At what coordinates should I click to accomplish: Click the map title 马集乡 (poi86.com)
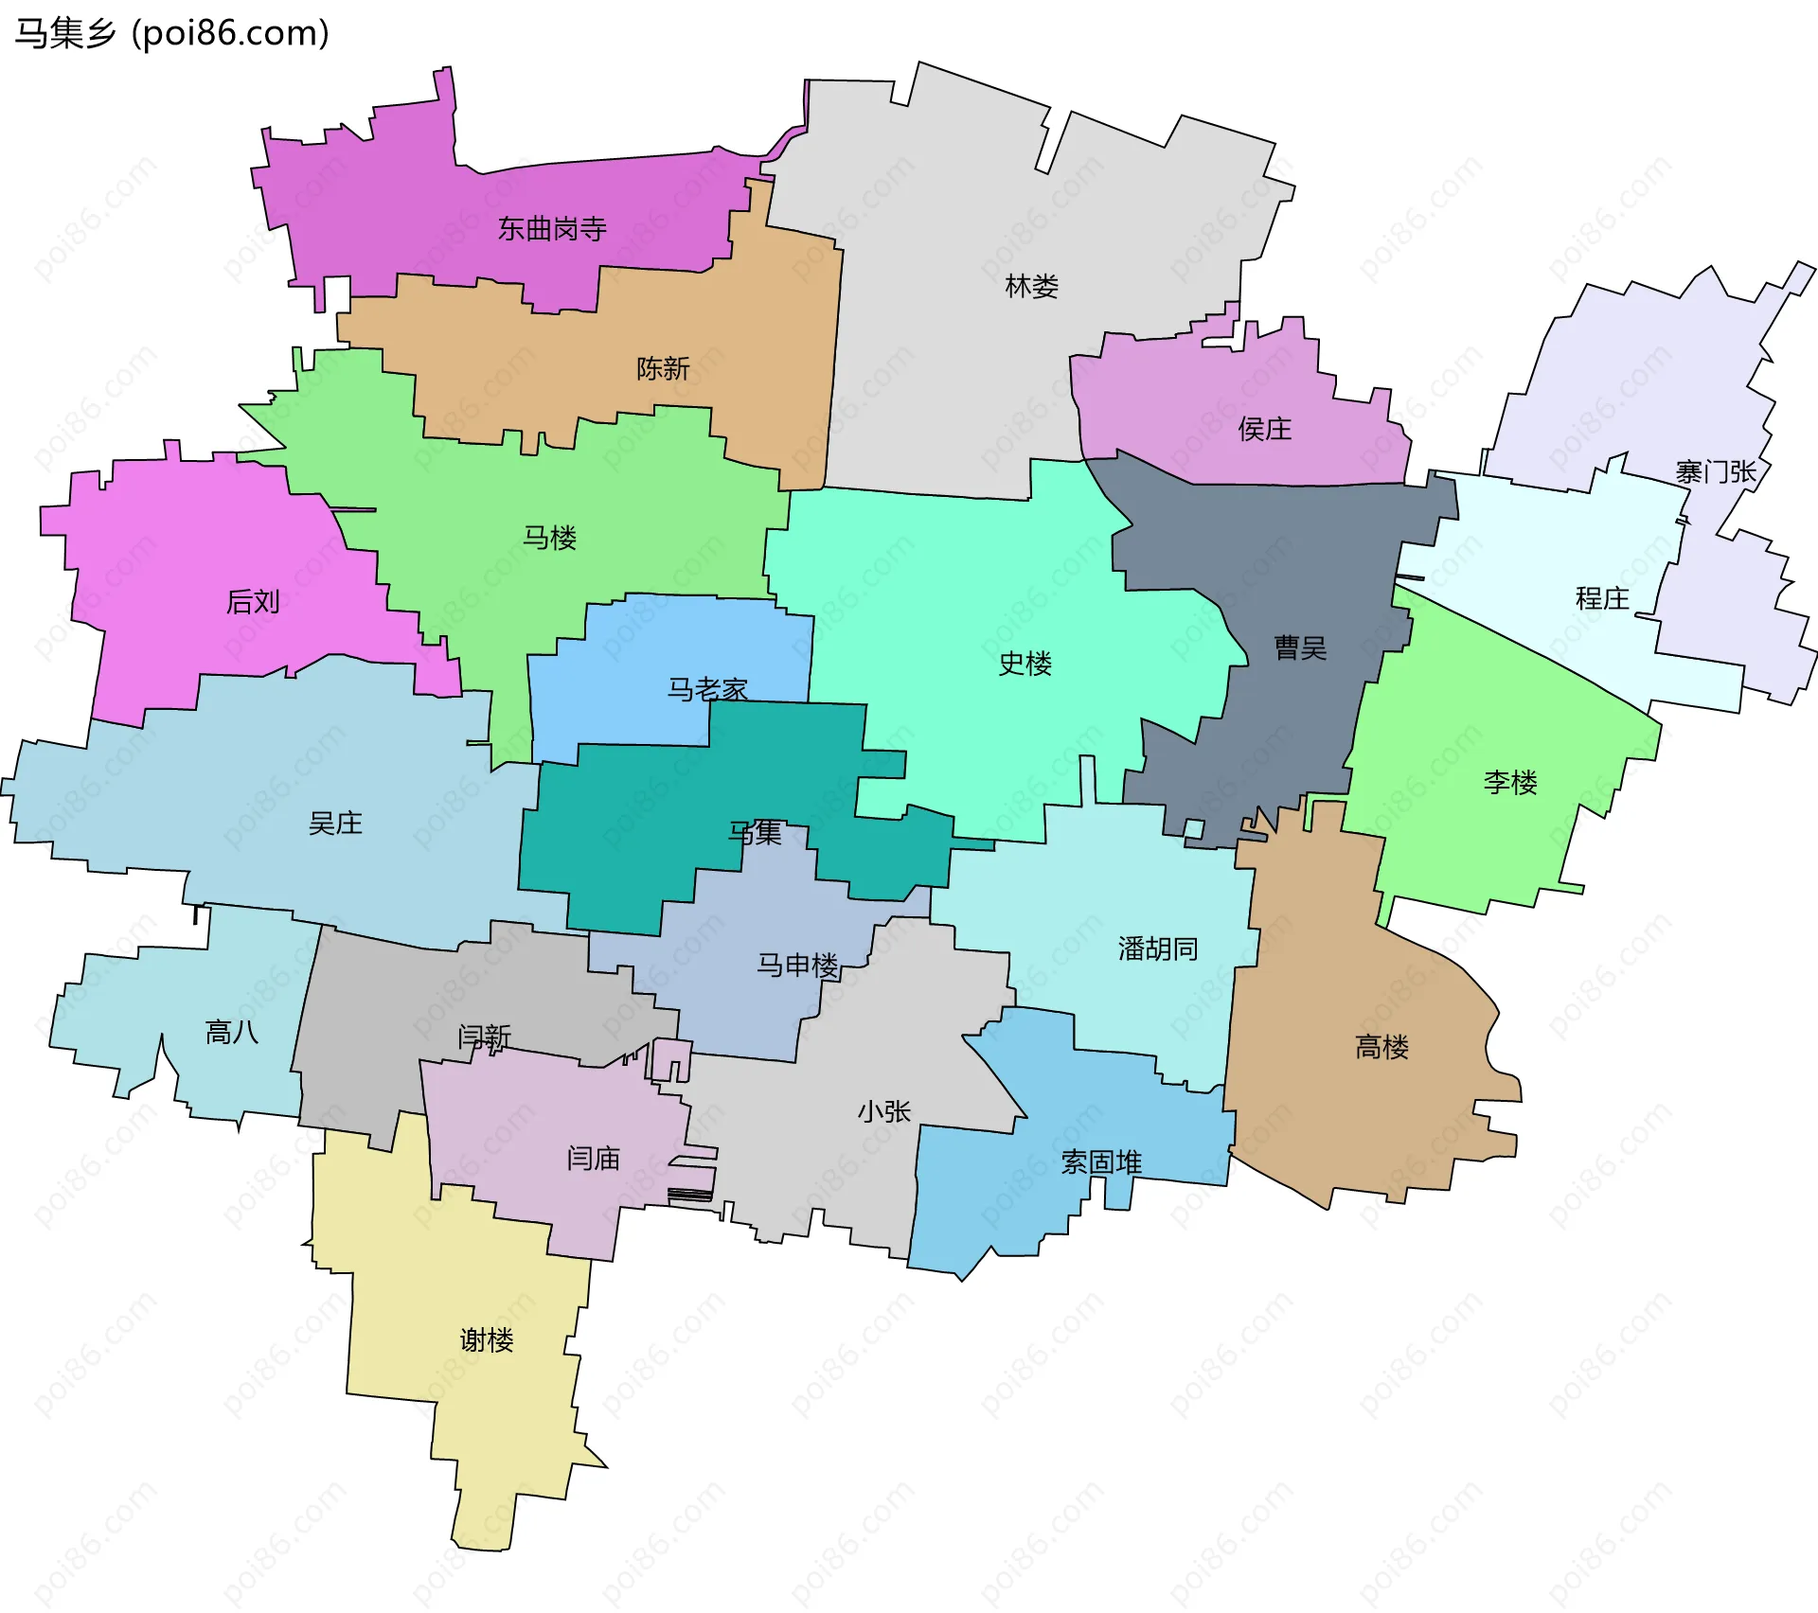coord(171,34)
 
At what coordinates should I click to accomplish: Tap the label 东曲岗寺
coord(552,229)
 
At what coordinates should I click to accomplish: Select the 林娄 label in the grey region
coord(1031,286)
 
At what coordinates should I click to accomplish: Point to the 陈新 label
coord(663,368)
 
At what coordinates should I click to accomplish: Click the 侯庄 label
coord(1264,430)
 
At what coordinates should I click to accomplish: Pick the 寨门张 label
coord(1715,471)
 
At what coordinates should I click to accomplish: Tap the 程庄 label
coord(1601,598)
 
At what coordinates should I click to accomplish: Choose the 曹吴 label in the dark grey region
coord(1300,648)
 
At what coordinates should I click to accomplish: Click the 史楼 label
coord(1025,664)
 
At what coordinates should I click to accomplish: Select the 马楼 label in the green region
coord(549,539)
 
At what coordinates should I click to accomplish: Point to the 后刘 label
coord(253,602)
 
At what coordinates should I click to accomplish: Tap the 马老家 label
coord(707,689)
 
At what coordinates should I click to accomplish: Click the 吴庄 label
coord(335,824)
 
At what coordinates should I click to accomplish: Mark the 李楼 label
coord(1509,783)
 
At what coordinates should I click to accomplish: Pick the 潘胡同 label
coord(1157,948)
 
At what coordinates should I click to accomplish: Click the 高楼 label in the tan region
coord(1381,1047)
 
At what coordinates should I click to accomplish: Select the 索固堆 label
coord(1100,1162)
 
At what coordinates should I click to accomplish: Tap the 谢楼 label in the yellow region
coord(486,1340)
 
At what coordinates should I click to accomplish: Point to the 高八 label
coord(232,1032)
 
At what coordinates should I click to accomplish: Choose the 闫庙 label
coord(593,1159)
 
